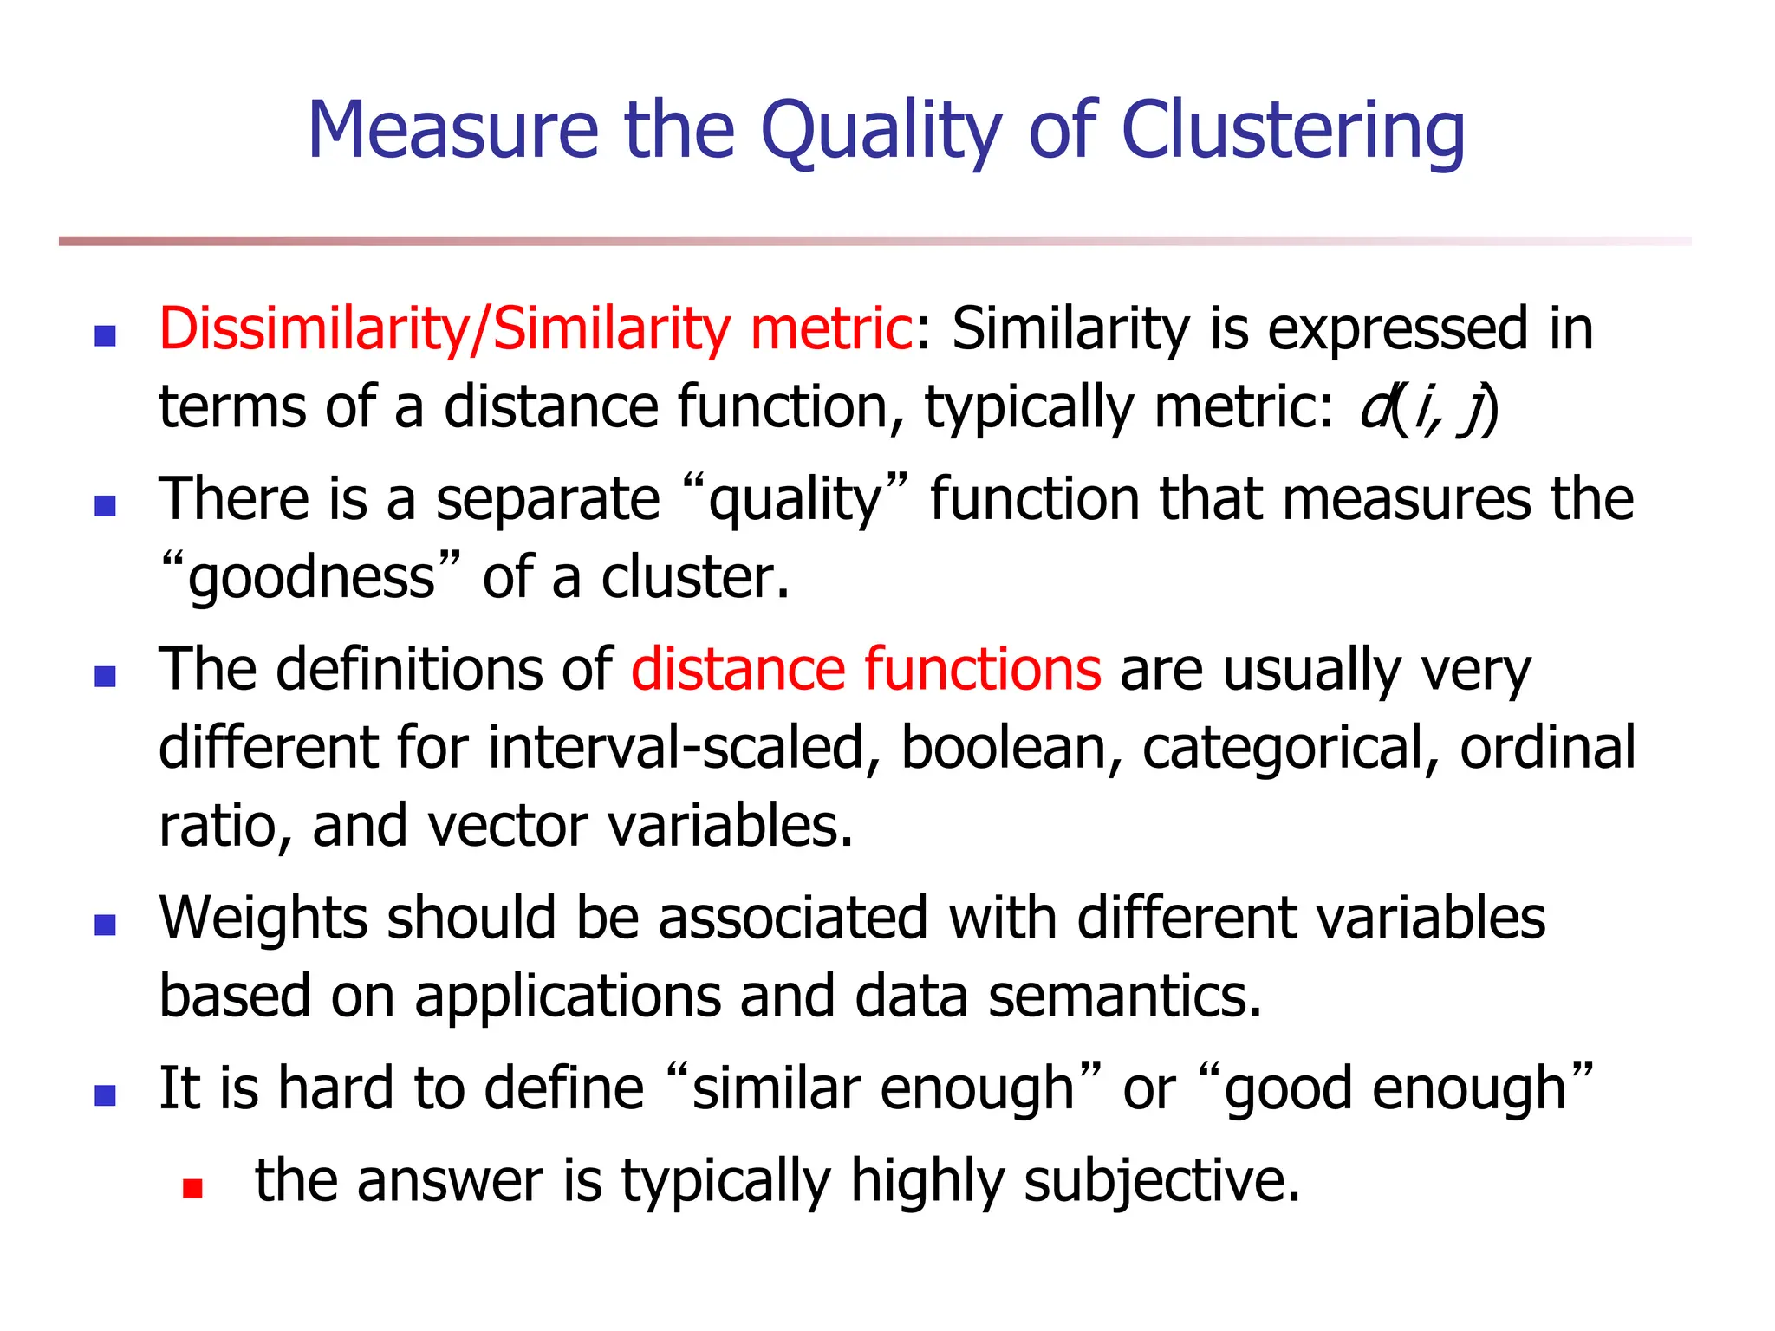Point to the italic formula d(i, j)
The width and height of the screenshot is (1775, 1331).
(x=1429, y=408)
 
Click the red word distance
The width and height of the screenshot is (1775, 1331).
(x=737, y=670)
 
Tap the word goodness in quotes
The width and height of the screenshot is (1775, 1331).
(x=312, y=578)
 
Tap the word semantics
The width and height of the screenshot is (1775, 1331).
(x=1125, y=997)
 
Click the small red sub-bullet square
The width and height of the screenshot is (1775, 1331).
(x=192, y=1188)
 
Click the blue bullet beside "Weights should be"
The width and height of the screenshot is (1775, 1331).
(x=106, y=925)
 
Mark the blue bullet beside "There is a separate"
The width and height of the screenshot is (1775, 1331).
(x=106, y=506)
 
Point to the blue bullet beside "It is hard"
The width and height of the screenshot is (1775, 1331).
(x=106, y=1096)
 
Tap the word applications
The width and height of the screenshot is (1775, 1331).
(x=568, y=997)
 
